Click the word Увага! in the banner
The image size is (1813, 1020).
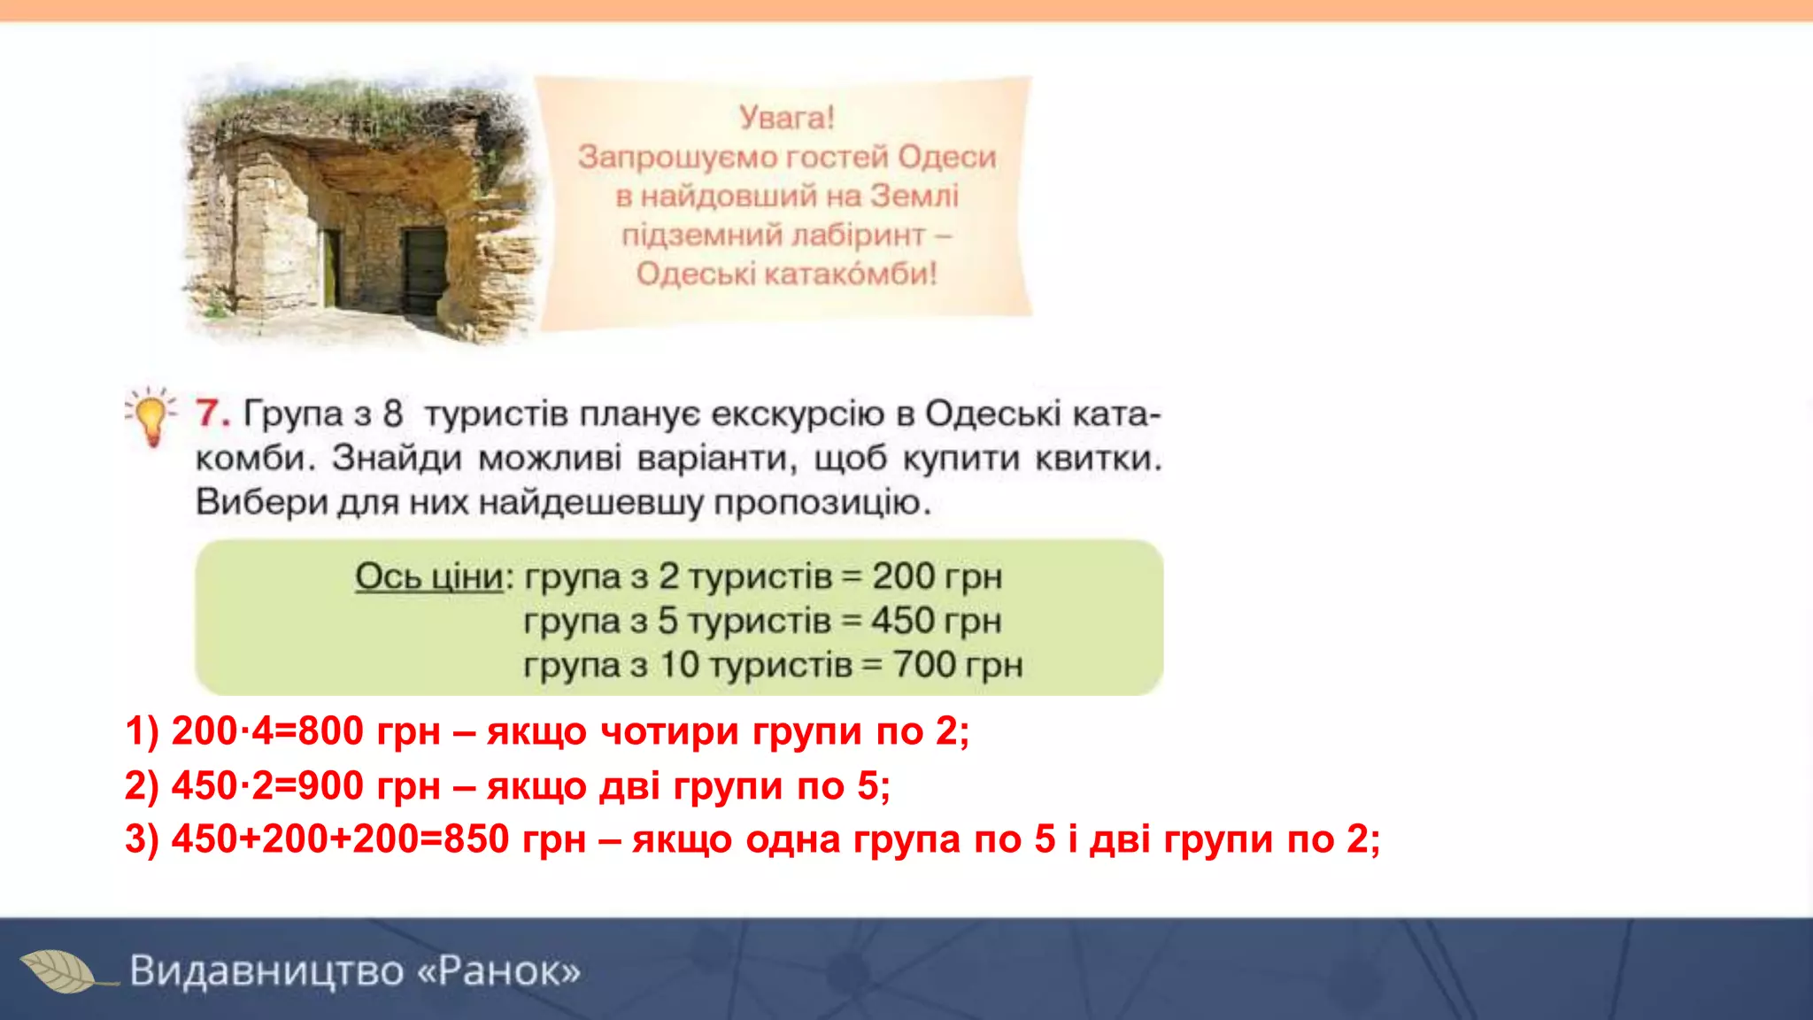786,118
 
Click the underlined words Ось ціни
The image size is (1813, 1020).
429,576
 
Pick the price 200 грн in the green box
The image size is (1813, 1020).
937,576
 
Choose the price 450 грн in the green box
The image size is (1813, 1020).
936,621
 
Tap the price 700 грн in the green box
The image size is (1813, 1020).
957,665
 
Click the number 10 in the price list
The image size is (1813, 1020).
680,665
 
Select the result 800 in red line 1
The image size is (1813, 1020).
331,731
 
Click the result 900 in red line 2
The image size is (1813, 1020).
331,785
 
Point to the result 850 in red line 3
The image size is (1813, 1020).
476,838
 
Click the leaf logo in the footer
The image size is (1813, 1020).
60,971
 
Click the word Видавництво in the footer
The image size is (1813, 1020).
267,971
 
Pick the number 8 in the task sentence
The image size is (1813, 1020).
393,413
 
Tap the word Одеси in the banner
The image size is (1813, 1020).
946,157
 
